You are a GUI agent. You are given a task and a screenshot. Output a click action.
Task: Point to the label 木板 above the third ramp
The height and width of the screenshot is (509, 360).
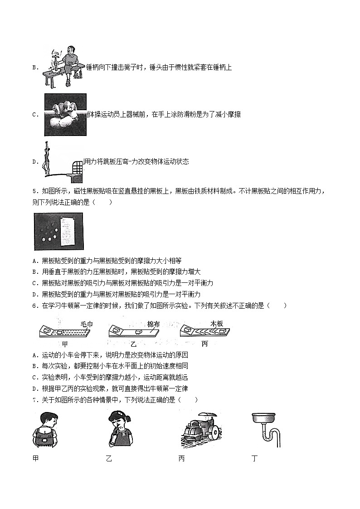click(217, 324)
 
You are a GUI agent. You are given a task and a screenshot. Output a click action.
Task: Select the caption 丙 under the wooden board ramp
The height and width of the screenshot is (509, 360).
click(204, 344)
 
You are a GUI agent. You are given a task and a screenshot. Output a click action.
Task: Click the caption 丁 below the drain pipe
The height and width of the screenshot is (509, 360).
click(254, 458)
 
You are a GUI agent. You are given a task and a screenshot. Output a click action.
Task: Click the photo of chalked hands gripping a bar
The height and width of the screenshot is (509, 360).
click(65, 114)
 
